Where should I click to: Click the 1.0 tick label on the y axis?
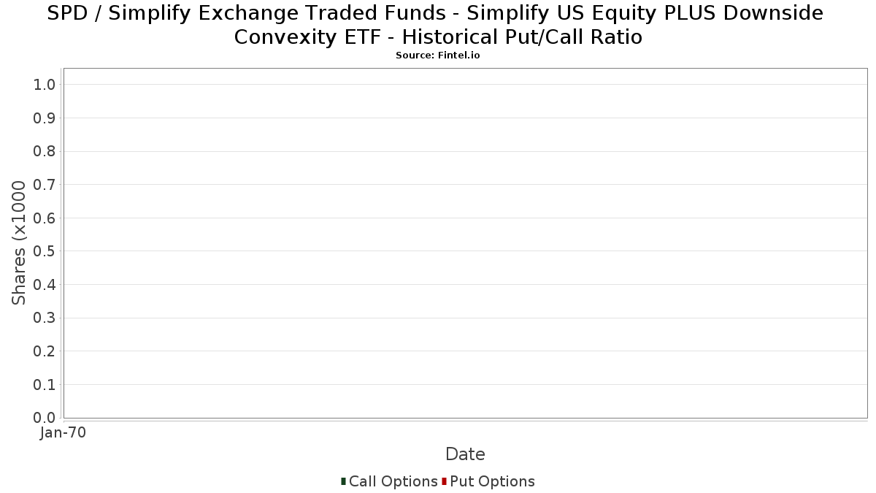click(x=45, y=85)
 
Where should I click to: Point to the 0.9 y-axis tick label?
click(x=45, y=118)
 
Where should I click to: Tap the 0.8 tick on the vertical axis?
click(x=45, y=151)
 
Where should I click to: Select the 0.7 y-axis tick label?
click(x=45, y=185)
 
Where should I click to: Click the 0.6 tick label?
click(x=45, y=218)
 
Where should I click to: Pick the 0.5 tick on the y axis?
click(x=45, y=251)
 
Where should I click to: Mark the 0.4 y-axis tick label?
click(x=45, y=285)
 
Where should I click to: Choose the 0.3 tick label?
click(x=45, y=318)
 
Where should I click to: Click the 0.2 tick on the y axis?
click(x=45, y=351)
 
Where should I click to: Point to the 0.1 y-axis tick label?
click(x=45, y=385)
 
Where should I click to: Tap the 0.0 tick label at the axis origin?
click(x=45, y=418)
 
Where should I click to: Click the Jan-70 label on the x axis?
click(x=63, y=432)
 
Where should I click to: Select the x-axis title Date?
click(x=466, y=454)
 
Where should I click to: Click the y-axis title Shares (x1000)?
click(x=18, y=243)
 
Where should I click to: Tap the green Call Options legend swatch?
click(x=343, y=481)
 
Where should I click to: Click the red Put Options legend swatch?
click(x=445, y=481)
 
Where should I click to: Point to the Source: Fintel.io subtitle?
click(x=437, y=56)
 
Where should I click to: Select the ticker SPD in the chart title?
click(x=67, y=13)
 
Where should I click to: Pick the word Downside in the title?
click(x=773, y=13)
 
